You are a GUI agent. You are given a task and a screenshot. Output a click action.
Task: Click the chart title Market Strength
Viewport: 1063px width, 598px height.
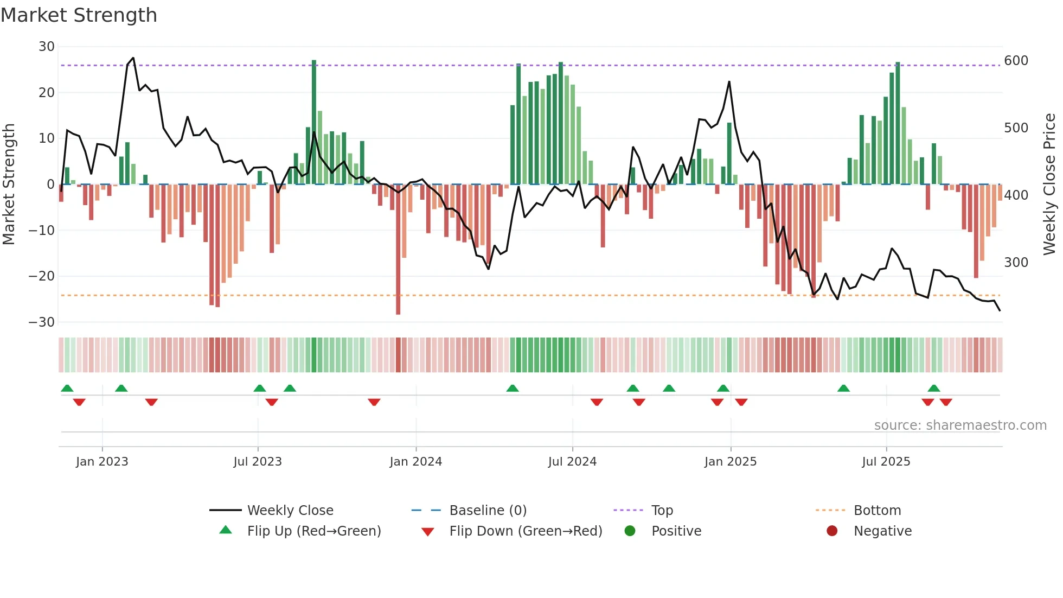click(79, 15)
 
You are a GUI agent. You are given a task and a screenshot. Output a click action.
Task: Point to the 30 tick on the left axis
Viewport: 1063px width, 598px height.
click(47, 47)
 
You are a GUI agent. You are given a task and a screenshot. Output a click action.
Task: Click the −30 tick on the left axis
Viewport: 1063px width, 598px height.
click(42, 322)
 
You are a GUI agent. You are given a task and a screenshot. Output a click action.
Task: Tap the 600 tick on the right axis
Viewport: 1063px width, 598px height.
click(1016, 60)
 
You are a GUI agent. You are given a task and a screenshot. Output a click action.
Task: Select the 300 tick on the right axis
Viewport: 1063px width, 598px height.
click(1016, 262)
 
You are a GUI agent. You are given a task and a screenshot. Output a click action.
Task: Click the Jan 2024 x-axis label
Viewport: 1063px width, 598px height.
click(415, 461)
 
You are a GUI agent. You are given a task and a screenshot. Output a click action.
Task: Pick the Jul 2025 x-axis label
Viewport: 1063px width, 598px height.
click(886, 461)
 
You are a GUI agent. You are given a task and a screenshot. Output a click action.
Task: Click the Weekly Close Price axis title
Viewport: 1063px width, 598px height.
click(1049, 185)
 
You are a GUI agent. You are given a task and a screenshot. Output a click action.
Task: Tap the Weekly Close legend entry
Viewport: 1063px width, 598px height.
click(290, 510)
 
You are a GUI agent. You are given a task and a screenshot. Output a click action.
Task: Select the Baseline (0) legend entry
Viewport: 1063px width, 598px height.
click(488, 510)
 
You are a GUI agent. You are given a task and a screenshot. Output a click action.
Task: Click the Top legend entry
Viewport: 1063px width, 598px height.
click(662, 510)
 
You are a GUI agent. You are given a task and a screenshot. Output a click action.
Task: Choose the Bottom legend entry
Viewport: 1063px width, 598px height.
click(877, 510)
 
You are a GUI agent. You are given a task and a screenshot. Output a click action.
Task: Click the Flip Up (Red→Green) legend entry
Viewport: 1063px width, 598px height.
click(313, 531)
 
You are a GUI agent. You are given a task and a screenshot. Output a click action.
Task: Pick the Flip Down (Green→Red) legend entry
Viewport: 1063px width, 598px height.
click(526, 531)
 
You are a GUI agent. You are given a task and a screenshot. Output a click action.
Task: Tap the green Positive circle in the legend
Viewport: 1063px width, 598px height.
click(630, 531)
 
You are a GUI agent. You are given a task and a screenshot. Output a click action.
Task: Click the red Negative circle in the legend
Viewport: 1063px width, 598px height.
click(832, 531)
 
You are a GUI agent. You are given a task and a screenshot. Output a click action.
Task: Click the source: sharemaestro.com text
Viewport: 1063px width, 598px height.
click(960, 425)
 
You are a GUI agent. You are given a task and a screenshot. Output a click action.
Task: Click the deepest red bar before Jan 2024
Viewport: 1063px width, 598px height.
click(398, 250)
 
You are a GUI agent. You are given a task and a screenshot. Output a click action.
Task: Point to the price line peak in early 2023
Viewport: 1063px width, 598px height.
click(133, 58)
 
